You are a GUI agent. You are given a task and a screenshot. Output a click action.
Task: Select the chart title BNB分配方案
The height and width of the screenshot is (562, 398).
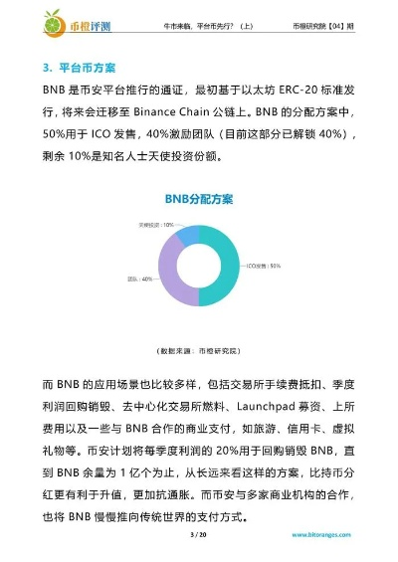tap(199, 200)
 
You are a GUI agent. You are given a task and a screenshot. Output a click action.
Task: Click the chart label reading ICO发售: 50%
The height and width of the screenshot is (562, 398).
tap(263, 266)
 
